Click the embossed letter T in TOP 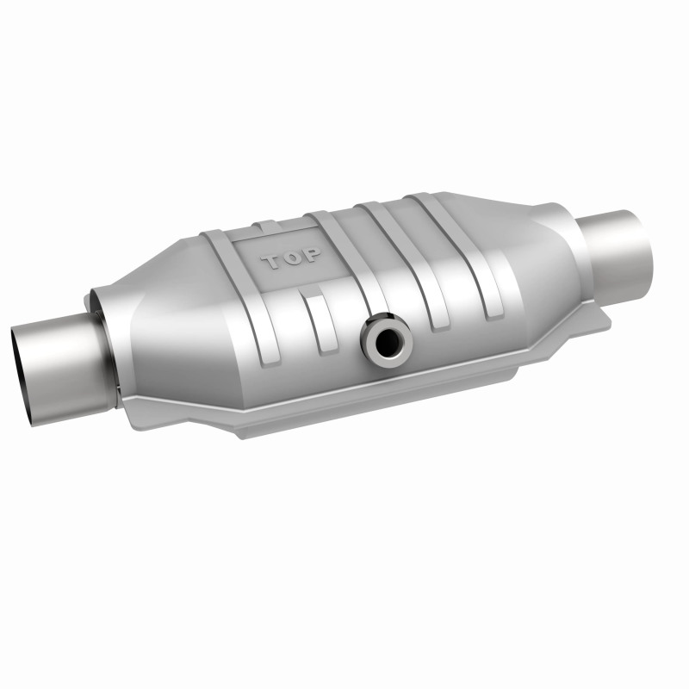[x=270, y=261]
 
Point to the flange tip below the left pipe [x=129, y=405]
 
